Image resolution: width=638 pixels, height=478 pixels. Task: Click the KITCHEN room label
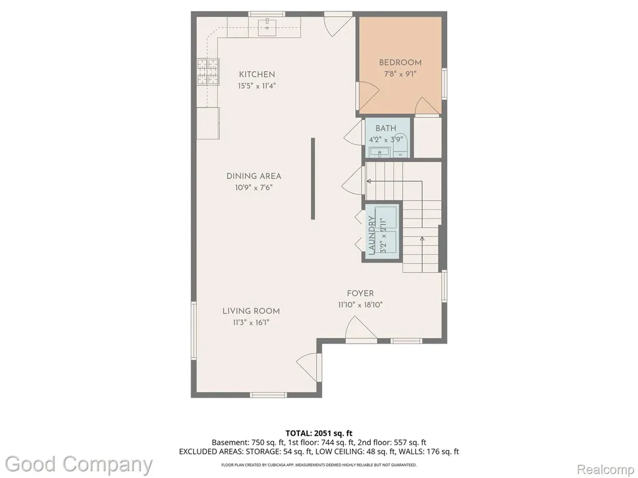pos(257,75)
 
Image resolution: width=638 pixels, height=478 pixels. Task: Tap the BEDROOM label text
pos(400,63)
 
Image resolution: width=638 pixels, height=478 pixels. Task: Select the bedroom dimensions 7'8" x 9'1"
pos(401,74)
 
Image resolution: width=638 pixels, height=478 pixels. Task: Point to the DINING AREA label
pos(254,176)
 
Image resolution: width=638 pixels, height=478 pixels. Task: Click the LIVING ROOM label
pos(251,311)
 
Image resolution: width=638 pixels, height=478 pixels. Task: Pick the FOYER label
pos(360,294)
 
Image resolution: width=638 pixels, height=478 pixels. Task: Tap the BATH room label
pos(386,128)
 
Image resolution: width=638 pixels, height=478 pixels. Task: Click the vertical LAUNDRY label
pos(371,235)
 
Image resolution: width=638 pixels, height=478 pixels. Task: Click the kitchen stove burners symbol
pos(208,72)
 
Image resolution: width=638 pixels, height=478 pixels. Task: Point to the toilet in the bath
pos(401,145)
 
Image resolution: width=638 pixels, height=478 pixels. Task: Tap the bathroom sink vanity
pos(380,152)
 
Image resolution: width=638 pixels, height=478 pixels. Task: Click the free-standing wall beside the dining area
pos(313,179)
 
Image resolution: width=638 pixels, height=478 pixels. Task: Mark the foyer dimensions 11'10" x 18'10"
pos(360,305)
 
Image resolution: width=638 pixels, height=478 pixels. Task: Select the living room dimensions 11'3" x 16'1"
pos(251,323)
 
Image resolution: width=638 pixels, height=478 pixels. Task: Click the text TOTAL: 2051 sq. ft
pos(318,433)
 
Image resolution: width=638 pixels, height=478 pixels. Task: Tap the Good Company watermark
pos(79,465)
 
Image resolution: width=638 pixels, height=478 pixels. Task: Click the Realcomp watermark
pos(606,469)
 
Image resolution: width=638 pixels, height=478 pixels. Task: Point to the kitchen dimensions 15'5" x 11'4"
pos(257,86)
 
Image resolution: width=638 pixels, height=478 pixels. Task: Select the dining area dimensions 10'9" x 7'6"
pos(254,188)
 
